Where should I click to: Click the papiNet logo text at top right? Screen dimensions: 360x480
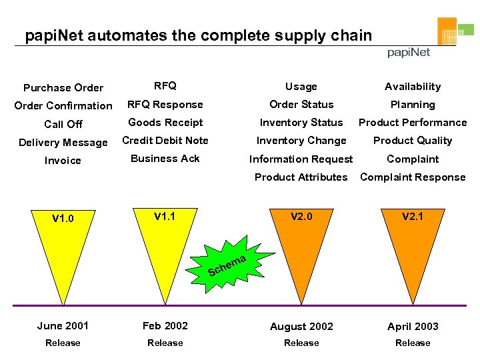[409, 53]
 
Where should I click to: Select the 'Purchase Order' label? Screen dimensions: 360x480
[63, 87]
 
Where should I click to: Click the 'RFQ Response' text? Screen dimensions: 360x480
[165, 105]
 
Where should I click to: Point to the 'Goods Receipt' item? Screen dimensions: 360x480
[165, 123]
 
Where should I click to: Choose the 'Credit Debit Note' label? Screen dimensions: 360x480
[165, 141]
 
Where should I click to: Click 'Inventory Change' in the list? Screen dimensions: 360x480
[301, 141]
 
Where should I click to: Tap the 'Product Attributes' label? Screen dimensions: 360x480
[301, 177]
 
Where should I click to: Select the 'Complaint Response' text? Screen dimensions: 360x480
[413, 177]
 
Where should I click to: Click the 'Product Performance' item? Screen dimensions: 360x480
[413, 123]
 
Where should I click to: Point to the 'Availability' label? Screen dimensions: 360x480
[413, 87]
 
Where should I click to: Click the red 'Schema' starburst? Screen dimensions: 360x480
[228, 265]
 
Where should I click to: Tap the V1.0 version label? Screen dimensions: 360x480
[63, 218]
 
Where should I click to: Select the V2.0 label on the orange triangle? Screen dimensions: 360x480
[301, 216]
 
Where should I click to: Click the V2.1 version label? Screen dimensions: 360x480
[413, 216]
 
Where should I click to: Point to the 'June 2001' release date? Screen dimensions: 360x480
[63, 326]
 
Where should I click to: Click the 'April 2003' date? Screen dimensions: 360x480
[413, 327]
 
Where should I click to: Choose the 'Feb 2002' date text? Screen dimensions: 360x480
[165, 326]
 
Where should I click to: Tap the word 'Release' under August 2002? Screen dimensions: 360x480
[301, 343]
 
